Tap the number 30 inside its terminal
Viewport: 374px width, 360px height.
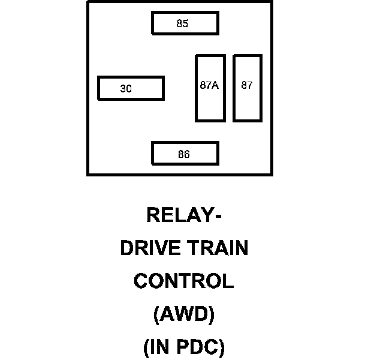tap(126, 89)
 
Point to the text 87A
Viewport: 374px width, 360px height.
tap(209, 85)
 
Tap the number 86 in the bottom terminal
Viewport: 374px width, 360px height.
tap(184, 154)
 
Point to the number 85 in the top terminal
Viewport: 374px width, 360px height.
tap(182, 24)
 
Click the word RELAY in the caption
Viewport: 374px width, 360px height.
tap(179, 215)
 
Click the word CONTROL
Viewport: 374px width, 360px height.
tap(183, 281)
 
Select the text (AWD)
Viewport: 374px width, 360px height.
tap(184, 314)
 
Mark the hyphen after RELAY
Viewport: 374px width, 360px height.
tap(218, 216)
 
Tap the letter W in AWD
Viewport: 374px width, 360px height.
tap(184, 314)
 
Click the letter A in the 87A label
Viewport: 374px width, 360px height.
tap(215, 85)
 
